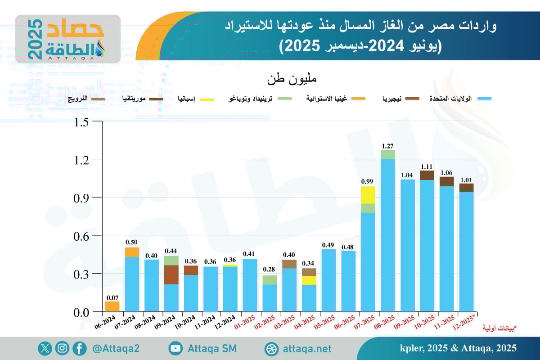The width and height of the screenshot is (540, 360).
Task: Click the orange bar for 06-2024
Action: pos(112,306)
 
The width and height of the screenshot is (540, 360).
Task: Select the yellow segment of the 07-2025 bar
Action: pos(368,195)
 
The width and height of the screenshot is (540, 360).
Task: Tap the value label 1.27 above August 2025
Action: pos(387,146)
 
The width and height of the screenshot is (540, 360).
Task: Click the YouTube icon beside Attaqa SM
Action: pos(175,348)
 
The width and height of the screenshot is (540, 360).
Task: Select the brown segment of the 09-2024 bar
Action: pos(171,274)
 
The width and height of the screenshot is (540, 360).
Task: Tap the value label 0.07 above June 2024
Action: pos(112,297)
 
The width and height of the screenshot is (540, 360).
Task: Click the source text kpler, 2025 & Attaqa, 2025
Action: pos(458,348)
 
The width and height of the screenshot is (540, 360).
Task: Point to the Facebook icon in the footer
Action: pos(79,348)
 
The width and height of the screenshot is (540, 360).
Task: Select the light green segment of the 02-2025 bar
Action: pos(270,280)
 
